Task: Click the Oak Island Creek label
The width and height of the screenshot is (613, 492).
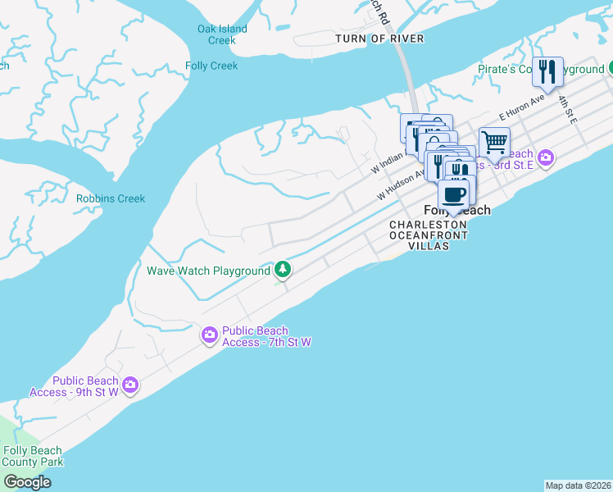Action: click(221, 34)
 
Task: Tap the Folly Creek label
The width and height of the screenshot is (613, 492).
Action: click(211, 66)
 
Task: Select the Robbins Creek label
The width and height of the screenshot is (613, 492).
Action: click(110, 198)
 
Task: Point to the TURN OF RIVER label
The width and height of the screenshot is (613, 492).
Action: click(379, 39)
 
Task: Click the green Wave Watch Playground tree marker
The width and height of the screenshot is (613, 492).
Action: click(282, 269)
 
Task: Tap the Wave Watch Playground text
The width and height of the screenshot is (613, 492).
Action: click(208, 271)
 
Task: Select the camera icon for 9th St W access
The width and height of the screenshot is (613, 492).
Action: click(130, 385)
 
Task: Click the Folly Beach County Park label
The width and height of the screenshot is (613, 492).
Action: click(32, 456)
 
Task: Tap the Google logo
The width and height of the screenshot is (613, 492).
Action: click(27, 482)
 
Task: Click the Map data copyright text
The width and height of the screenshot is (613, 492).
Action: click(579, 485)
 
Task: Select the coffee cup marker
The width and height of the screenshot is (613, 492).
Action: click(454, 194)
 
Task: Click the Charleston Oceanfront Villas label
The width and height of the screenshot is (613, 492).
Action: click(429, 235)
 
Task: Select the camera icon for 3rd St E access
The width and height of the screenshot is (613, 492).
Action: click(545, 157)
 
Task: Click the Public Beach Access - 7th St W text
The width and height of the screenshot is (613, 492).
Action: click(266, 336)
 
